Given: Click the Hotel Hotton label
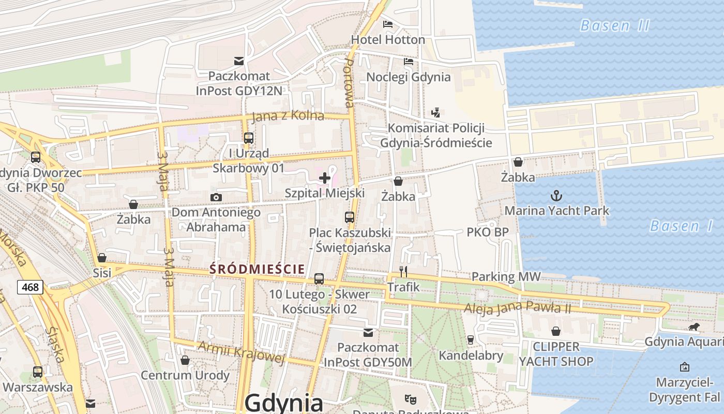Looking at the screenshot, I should click(x=388, y=39).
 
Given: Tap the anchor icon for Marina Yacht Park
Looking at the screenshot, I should click(x=556, y=196).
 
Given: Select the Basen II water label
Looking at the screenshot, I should click(x=614, y=25).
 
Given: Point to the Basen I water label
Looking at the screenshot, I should click(x=681, y=226).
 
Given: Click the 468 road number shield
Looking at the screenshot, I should click(x=30, y=287).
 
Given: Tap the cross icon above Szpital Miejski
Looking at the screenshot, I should click(x=325, y=179).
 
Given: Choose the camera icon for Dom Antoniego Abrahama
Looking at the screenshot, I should click(x=216, y=197).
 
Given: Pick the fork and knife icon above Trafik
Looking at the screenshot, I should click(x=403, y=271).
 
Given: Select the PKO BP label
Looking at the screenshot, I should click(x=488, y=232).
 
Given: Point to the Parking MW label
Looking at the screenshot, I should click(x=506, y=277).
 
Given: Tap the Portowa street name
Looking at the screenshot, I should click(x=350, y=83).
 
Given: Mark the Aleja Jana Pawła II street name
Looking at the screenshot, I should click(x=517, y=307).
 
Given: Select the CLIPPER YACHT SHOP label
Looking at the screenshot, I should click(x=556, y=354).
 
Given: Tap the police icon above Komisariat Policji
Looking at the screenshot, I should click(x=435, y=112).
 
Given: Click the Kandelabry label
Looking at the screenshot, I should click(x=471, y=356).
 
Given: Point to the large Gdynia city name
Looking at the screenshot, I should click(x=284, y=403).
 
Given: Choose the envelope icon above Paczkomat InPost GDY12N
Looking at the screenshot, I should click(x=238, y=61).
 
